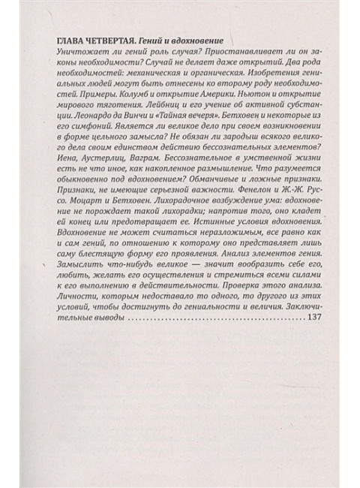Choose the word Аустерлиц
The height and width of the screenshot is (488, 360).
[98, 178]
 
